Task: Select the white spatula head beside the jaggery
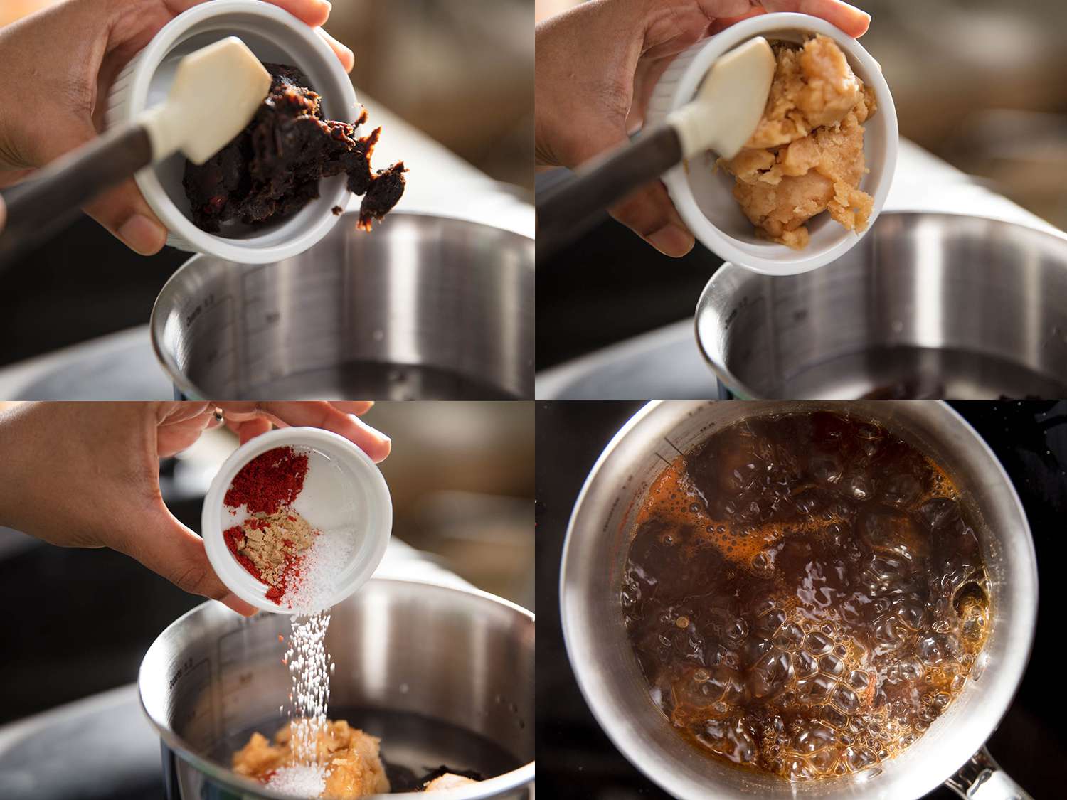[x=733, y=100]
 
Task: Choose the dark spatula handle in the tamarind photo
[x=64, y=178]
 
